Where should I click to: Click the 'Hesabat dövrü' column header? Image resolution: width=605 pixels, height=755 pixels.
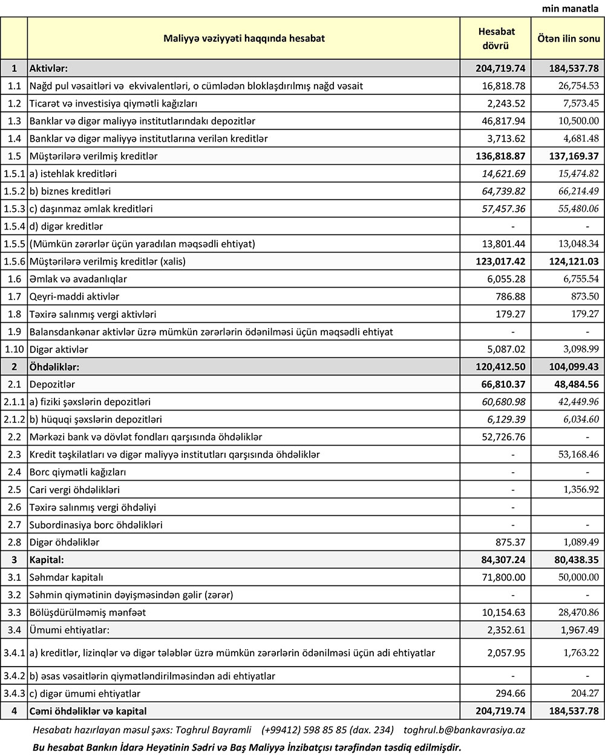coord(496,38)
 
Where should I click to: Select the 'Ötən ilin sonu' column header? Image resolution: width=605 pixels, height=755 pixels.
coord(569,38)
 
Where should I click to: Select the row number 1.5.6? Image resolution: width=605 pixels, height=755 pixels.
coord(14,262)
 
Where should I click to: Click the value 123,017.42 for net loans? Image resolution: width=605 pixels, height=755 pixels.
coord(500,262)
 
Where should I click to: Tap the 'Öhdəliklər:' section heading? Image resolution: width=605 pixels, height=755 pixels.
coord(54,367)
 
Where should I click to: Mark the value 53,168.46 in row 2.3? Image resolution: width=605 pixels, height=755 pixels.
coord(574,454)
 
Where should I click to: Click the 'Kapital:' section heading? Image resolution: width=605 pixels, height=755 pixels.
coord(47,560)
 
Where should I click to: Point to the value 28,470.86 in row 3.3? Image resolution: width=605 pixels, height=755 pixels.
coord(574,613)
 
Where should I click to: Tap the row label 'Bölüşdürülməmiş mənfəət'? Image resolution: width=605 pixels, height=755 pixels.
coord(88,613)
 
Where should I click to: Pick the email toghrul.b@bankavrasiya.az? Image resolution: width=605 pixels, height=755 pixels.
coord(464,730)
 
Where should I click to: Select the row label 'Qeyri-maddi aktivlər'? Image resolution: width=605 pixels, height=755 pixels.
coord(74,297)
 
